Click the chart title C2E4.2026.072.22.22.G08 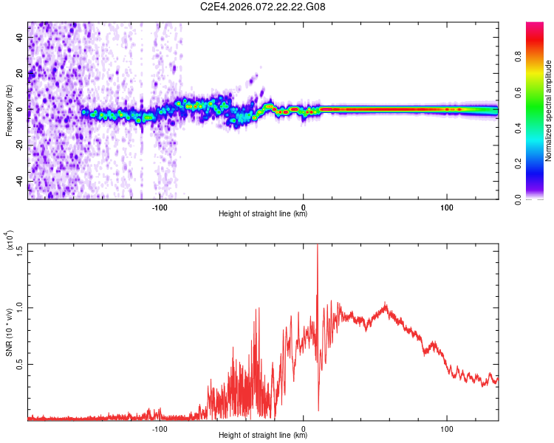coord(263,7)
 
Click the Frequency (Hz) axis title coord(9,110)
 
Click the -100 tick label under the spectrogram coord(160,206)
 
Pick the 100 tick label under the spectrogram coord(447,206)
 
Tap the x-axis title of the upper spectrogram coord(263,214)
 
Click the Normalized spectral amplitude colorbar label coord(548,110)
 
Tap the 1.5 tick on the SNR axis coord(19,250)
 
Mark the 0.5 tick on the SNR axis coord(19,364)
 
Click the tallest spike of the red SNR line coord(318,246)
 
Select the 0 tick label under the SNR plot coord(304,428)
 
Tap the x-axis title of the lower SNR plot coord(263,436)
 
